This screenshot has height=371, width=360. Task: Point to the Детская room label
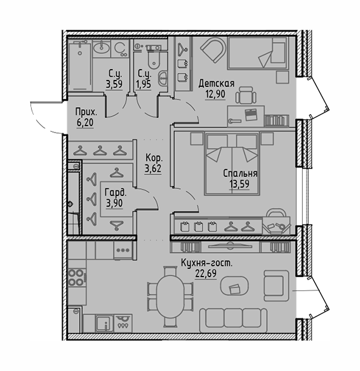tap(217, 83)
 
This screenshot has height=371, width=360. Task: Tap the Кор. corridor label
tap(153, 158)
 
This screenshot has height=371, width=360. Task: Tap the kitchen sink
tap(103, 323)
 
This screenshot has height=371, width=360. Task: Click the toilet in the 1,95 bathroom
tap(151, 58)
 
